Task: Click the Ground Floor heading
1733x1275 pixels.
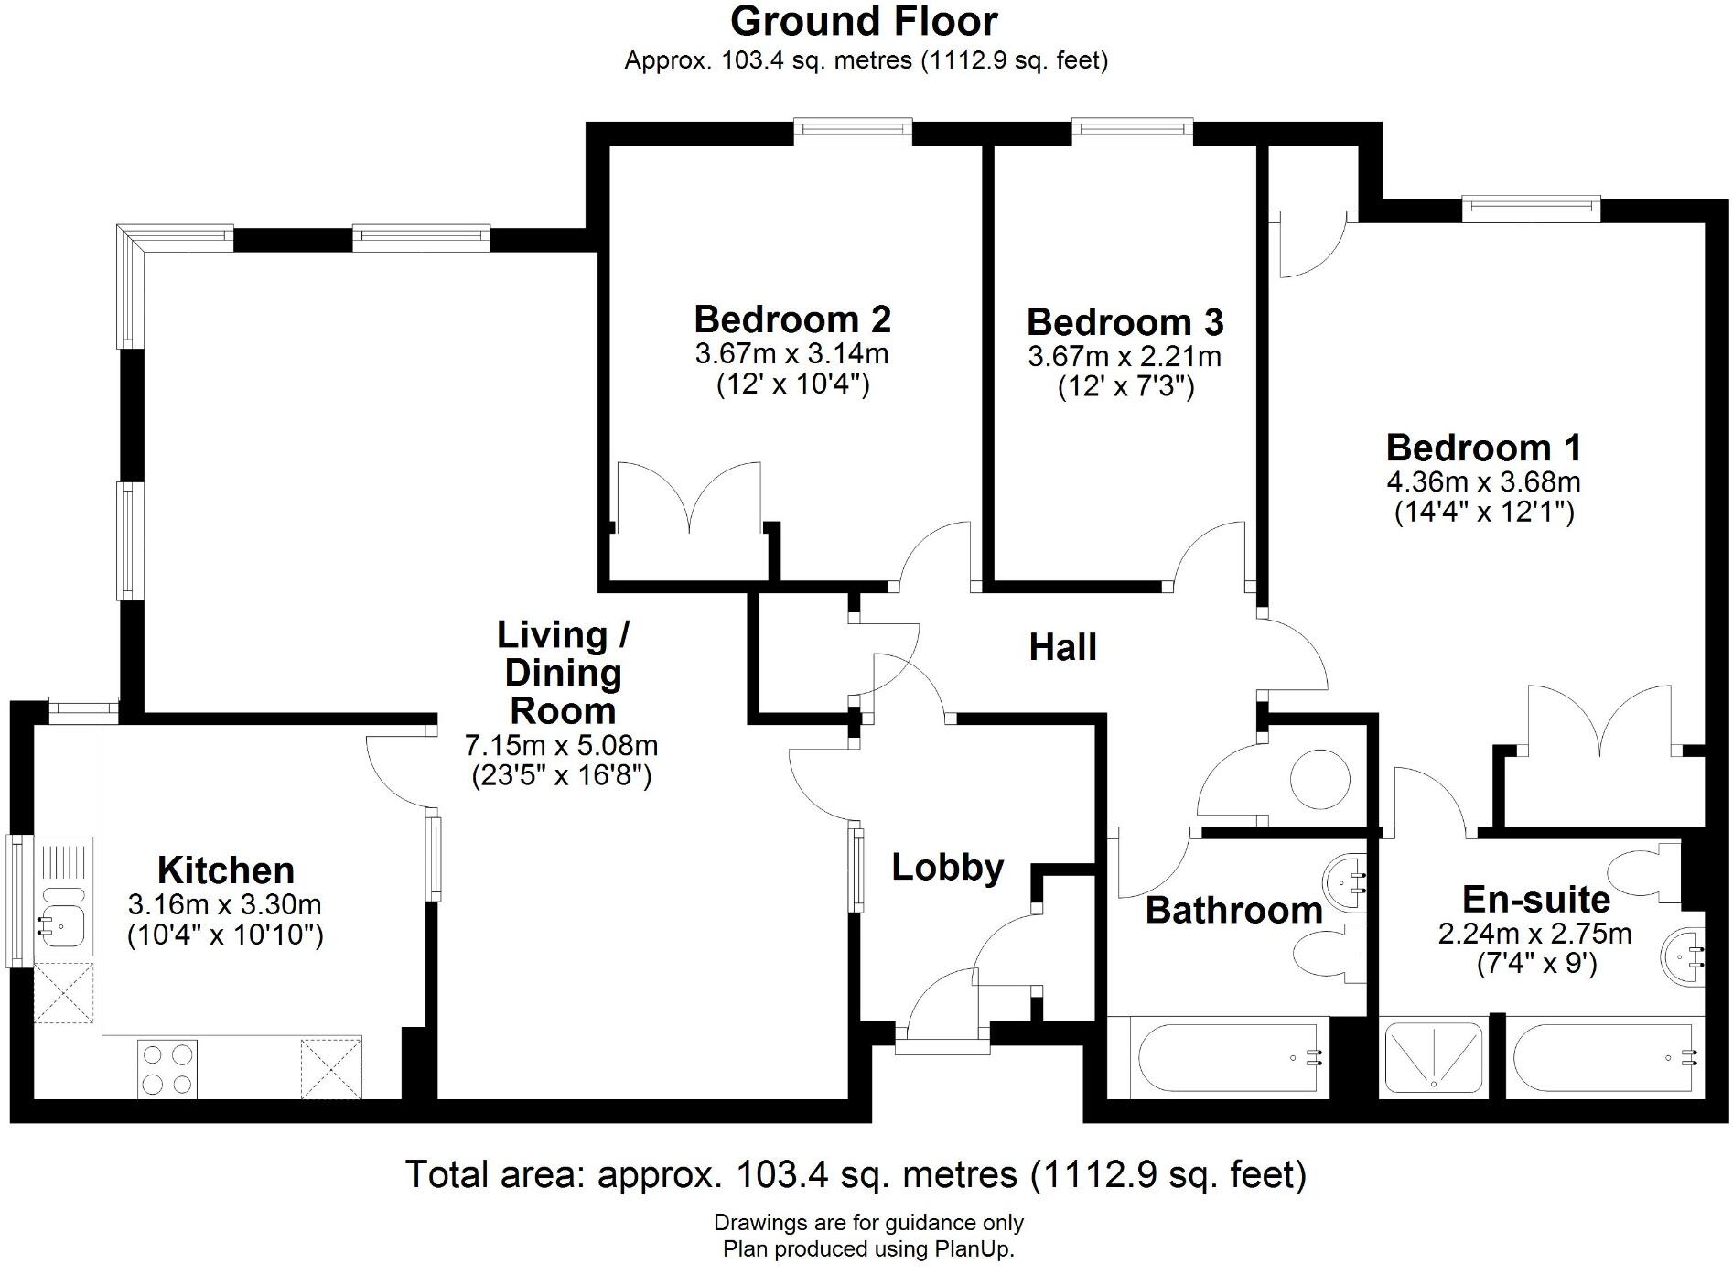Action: pyautogui.click(x=864, y=22)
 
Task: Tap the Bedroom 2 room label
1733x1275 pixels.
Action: pyautogui.click(x=791, y=319)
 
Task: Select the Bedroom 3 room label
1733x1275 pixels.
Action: pyautogui.click(x=1125, y=322)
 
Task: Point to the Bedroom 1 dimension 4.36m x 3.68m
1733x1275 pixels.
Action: pyautogui.click(x=1483, y=481)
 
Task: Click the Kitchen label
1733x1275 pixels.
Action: pyautogui.click(x=226, y=870)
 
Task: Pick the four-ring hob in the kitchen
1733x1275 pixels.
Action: pyautogui.click(x=167, y=1068)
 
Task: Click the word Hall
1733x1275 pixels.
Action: pyautogui.click(x=1062, y=647)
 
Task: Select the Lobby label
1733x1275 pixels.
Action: pyautogui.click(x=948, y=867)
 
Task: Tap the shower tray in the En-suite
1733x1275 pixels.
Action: pyautogui.click(x=1433, y=1057)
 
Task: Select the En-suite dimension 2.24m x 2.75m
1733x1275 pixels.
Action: pyautogui.click(x=1534, y=934)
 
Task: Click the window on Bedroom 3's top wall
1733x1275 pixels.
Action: pyautogui.click(x=1133, y=131)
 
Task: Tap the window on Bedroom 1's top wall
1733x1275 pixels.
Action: pyautogui.click(x=1531, y=209)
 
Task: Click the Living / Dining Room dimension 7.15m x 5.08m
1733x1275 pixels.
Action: pyautogui.click(x=561, y=745)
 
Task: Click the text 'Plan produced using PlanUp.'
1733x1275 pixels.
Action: pyautogui.click(x=868, y=1248)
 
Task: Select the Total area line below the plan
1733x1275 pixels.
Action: pyautogui.click(x=856, y=1174)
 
